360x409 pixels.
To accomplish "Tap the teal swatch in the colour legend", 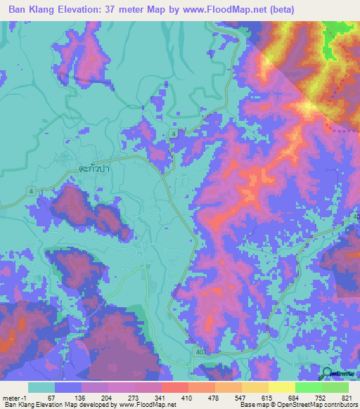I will [x=41, y=387].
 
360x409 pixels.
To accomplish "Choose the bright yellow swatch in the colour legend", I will [x=282, y=387].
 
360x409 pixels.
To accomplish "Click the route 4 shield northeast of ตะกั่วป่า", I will [x=172, y=133].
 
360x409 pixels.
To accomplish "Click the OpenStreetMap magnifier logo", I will [x=328, y=375].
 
